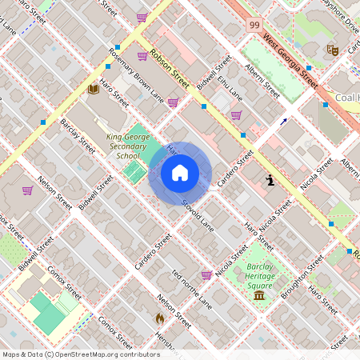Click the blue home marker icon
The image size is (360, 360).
click(x=180, y=173)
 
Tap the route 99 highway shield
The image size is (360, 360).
click(x=254, y=26)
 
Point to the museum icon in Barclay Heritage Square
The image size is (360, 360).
click(x=259, y=296)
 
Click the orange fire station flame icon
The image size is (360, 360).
click(x=160, y=318)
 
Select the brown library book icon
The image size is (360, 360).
click(x=93, y=88)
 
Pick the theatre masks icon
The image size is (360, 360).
click(x=333, y=50)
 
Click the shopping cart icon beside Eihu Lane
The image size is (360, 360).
click(x=236, y=114)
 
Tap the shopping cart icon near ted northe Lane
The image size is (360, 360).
click(x=206, y=274)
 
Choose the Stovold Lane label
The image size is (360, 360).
click(x=196, y=214)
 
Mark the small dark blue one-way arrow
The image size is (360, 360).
click(x=282, y=122)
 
